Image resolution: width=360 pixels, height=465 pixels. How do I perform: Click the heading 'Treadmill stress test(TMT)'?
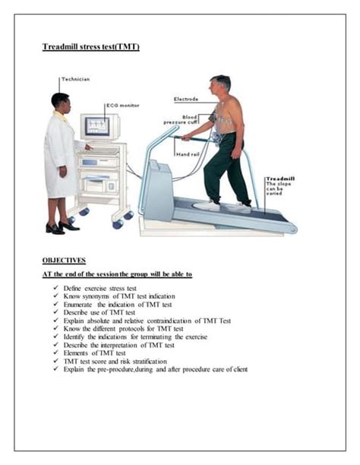(90, 47)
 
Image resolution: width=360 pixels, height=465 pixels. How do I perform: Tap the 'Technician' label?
(77, 80)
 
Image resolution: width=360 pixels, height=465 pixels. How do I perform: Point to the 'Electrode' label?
(187, 99)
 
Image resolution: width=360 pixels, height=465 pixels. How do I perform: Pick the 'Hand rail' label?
(188, 154)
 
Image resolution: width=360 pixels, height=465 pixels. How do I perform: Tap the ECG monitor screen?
(96, 125)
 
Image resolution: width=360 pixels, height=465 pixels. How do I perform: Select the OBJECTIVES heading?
(64, 260)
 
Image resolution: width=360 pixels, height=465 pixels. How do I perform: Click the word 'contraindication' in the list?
(174, 321)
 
